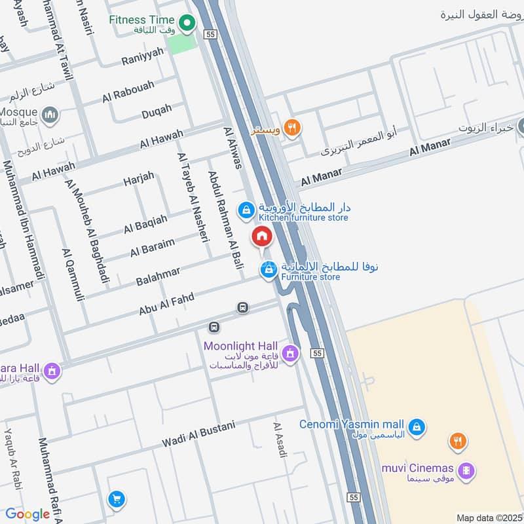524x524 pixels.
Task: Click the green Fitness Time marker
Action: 187,24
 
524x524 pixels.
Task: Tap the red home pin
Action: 261,236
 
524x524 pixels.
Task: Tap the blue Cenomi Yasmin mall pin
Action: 419,429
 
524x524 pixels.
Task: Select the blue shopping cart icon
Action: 117,499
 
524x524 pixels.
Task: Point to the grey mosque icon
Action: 49,116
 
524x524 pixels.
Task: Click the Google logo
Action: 28,514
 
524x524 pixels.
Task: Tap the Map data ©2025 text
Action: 489,517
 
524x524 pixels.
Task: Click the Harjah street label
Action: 138,177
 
